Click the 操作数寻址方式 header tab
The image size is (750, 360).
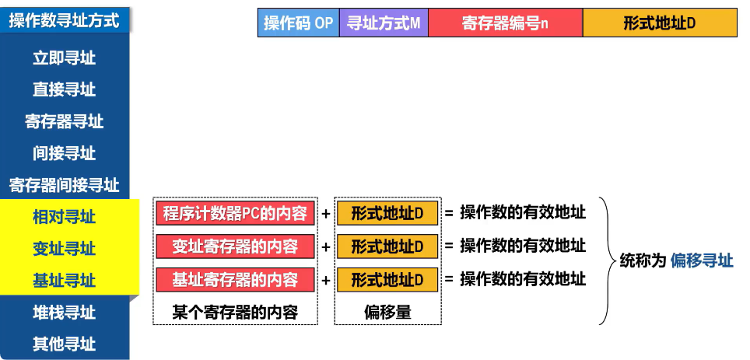pyautogui.click(x=65, y=20)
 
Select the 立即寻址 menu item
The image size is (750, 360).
pyautogui.click(x=65, y=58)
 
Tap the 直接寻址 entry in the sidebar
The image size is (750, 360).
pyautogui.click(x=65, y=90)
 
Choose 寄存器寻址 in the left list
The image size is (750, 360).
pyautogui.click(x=65, y=122)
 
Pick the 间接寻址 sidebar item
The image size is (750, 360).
pyautogui.click(x=65, y=153)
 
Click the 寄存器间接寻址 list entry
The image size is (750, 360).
pyautogui.click(x=65, y=185)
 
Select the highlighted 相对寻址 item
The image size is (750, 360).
pyautogui.click(x=65, y=217)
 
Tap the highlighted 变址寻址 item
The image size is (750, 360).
pyautogui.click(x=65, y=249)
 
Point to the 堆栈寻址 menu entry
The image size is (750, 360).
pyautogui.click(x=65, y=313)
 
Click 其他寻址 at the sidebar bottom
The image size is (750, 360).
pyautogui.click(x=65, y=344)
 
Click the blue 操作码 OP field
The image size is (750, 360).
pyautogui.click(x=299, y=23)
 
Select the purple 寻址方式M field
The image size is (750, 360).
pyautogui.click(x=384, y=23)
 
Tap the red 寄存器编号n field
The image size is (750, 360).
pyautogui.click(x=505, y=23)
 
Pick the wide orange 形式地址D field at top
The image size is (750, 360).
pyautogui.click(x=660, y=23)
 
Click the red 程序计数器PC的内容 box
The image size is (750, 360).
pyautogui.click(x=235, y=214)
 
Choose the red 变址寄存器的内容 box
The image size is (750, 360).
pyautogui.click(x=235, y=247)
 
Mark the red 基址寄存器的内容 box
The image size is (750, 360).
pyautogui.click(x=235, y=279)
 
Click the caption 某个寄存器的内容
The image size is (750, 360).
pyautogui.click(x=235, y=312)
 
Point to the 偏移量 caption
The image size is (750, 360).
pyautogui.click(x=387, y=312)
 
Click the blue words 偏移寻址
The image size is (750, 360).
pyautogui.click(x=701, y=261)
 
